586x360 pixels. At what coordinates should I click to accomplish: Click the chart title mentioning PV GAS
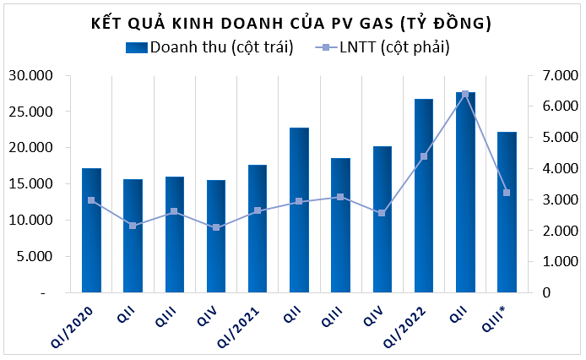(x=291, y=23)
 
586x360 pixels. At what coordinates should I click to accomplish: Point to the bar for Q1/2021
(x=258, y=229)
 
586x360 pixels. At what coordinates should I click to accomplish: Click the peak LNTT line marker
(x=465, y=94)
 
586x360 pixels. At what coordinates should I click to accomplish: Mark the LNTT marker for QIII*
(x=507, y=193)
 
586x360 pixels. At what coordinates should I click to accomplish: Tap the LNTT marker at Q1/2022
(x=424, y=156)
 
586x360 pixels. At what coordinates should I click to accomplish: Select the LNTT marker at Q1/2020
(x=91, y=200)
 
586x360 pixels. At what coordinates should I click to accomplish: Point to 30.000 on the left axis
(x=31, y=75)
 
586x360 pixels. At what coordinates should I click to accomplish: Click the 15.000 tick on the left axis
(x=31, y=183)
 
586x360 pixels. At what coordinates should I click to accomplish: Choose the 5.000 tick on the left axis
(x=34, y=256)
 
